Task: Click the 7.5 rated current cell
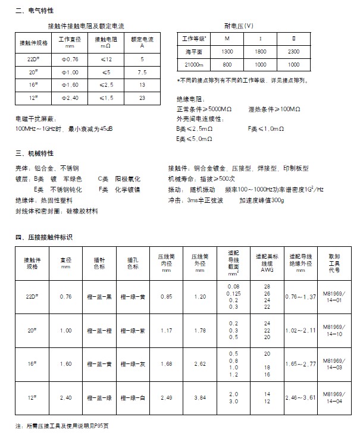142,72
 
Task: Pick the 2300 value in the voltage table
292,52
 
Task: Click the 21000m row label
193,64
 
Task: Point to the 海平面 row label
193,52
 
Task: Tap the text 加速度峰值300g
260,200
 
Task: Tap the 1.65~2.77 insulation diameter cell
300,362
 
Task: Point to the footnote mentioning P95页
62,427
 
